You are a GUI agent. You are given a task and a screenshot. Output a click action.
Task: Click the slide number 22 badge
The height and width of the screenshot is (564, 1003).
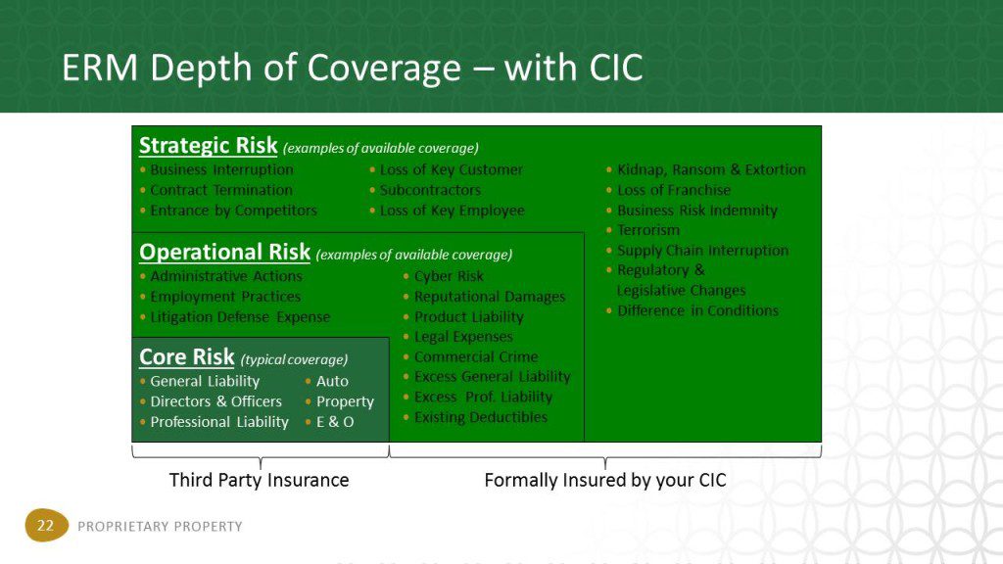coord(46,525)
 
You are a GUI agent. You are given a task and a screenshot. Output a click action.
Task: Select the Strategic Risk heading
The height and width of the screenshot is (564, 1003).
coord(208,146)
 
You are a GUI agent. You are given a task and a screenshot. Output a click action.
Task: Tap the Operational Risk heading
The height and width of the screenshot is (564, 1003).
coord(224,252)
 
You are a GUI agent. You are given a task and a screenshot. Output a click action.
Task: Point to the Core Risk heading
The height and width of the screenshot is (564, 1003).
coord(187,356)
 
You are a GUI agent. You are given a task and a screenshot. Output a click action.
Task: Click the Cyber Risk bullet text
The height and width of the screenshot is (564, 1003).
coord(449,276)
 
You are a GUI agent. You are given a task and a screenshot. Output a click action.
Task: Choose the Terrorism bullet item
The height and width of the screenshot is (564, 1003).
coord(648,230)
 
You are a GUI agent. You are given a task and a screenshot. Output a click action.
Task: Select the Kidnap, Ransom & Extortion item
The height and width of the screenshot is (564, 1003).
coord(711,169)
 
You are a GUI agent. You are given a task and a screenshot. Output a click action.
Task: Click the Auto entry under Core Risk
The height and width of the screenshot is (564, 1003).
coord(332,381)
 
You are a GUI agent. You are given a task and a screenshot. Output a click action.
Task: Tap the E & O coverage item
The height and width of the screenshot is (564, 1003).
coord(335,422)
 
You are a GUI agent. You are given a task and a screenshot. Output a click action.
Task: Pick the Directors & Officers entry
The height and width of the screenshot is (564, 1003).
coord(215,401)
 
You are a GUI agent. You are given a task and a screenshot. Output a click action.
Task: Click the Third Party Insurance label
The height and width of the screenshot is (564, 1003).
coord(259,480)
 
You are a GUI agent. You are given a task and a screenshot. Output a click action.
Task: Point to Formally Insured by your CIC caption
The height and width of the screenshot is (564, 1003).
coord(605,480)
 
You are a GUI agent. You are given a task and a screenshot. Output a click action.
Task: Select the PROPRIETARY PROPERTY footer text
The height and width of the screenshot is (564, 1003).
coord(160,526)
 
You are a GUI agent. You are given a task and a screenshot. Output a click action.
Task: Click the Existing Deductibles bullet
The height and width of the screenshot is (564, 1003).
coord(480,417)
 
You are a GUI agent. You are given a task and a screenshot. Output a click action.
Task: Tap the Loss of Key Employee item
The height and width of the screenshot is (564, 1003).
coord(452,211)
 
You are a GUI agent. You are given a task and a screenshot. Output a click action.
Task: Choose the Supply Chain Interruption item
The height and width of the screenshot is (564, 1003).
coord(702,251)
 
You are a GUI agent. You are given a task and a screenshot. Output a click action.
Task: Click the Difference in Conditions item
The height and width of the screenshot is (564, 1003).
coord(697,310)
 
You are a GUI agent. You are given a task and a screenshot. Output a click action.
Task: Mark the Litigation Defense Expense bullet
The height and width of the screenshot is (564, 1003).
coord(240,317)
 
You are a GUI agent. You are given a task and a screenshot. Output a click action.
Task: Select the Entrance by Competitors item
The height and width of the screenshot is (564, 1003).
coord(233,211)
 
